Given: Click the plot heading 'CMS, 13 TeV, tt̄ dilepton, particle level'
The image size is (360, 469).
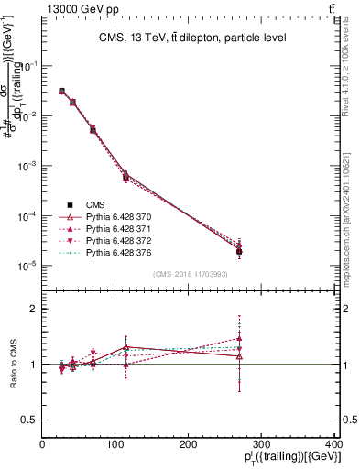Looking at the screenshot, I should pyautogui.click(x=191, y=38).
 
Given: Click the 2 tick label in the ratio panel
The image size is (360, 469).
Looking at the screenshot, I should pyautogui.click(x=34, y=309).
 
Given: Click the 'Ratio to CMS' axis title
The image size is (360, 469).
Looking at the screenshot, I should pyautogui.click(x=12, y=364).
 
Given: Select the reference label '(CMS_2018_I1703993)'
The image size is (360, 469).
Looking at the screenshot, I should pyautogui.click(x=191, y=275).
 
